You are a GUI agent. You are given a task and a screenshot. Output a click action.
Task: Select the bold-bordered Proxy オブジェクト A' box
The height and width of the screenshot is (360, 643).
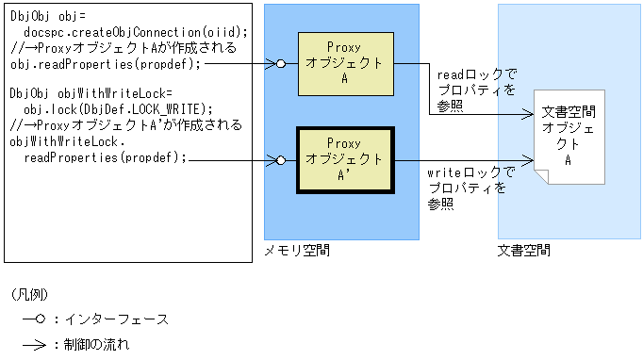tap(341, 158)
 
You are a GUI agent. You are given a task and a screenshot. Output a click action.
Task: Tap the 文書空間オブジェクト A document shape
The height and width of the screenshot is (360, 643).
tap(568, 137)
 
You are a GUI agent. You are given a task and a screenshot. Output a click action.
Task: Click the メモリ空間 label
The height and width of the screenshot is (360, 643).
tap(297, 252)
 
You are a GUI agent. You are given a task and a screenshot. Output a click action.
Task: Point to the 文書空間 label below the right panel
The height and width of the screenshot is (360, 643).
tap(524, 252)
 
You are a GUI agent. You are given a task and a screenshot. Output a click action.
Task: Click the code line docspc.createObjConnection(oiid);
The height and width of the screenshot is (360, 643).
tap(136, 32)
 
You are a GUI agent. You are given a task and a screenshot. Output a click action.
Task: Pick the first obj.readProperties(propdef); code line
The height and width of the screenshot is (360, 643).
tap(105, 64)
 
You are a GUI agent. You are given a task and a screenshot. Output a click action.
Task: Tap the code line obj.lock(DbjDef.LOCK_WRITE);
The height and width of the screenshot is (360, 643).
tap(118, 109)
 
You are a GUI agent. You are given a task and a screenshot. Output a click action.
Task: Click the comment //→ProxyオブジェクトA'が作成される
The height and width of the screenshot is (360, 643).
tap(126, 125)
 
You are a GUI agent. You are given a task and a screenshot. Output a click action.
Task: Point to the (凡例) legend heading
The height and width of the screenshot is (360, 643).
tap(28, 294)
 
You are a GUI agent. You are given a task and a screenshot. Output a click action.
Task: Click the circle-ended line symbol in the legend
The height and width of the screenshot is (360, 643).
tap(35, 319)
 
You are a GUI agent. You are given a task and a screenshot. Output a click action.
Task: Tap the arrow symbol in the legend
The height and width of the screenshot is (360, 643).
tap(35, 344)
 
